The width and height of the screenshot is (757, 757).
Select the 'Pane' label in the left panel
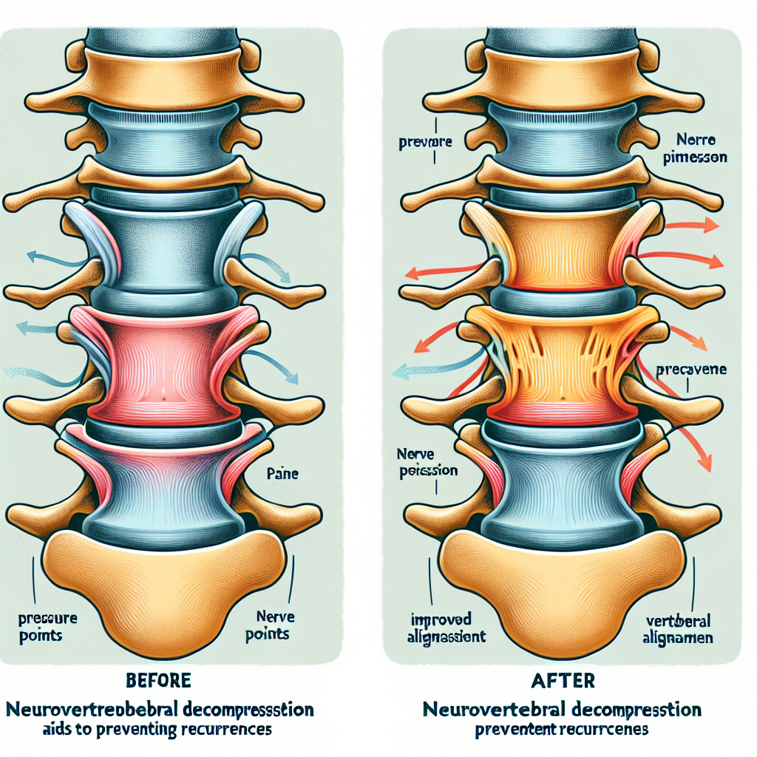(x=281, y=473)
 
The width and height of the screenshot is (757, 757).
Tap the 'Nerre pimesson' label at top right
(x=694, y=148)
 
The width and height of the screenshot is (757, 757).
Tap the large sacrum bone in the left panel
(x=163, y=584)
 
